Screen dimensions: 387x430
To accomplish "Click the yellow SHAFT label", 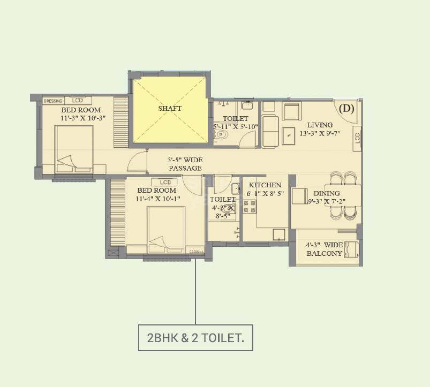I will click(169, 108).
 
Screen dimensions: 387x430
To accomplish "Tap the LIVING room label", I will click(319, 125).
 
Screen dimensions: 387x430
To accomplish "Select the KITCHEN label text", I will click(265, 185).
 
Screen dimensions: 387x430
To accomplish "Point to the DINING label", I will click(327, 194).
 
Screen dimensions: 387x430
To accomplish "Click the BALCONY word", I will click(324, 254).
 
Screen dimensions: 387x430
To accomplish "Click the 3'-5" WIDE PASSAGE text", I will click(185, 164).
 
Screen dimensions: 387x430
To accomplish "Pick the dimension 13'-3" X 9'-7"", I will click(323, 134).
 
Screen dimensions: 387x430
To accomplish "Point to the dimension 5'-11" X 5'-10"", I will click(236, 127).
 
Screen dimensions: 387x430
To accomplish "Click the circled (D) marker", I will click(347, 109).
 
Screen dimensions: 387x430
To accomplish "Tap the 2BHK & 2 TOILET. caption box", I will click(195, 338).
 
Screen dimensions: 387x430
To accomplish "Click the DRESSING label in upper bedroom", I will click(53, 101).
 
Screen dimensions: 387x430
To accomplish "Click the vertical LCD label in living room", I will click(357, 138).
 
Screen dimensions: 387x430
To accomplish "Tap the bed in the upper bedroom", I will click(74, 149).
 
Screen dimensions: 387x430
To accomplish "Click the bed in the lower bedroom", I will click(166, 229).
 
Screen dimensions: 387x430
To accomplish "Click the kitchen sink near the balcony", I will click(278, 234).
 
